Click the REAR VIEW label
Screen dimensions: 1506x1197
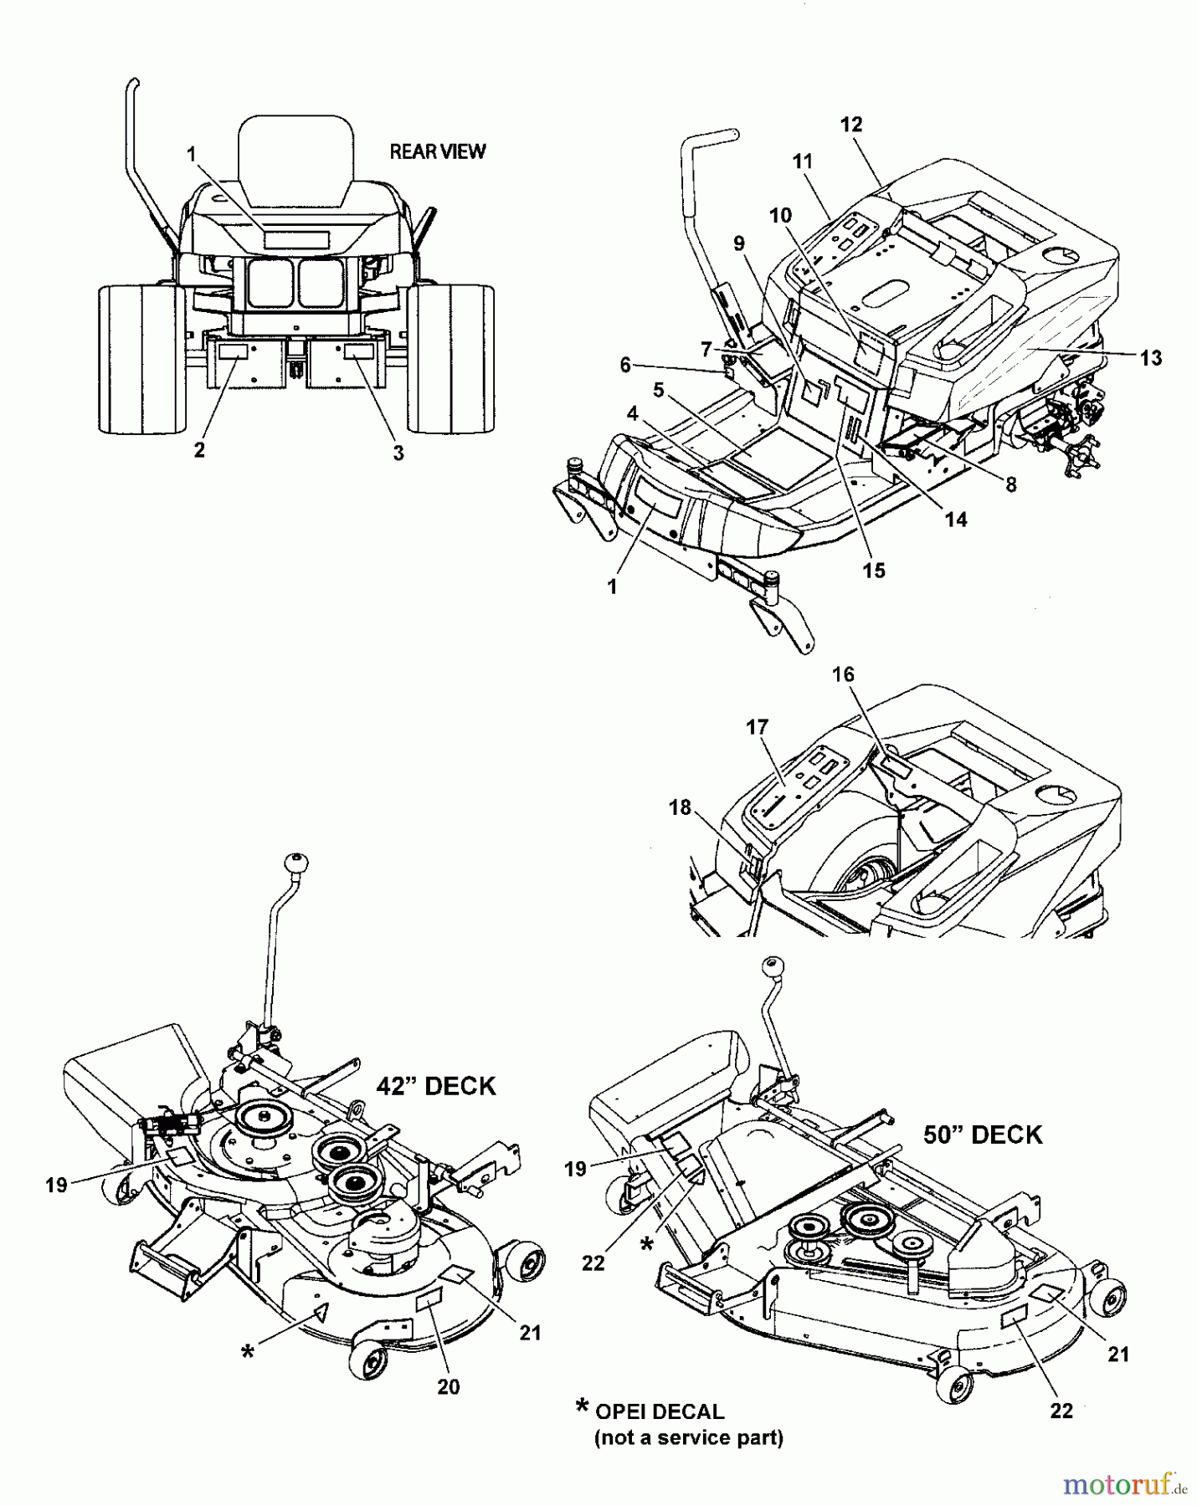click(x=437, y=151)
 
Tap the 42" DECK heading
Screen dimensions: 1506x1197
click(x=435, y=1086)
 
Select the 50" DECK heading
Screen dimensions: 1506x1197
click(x=982, y=1135)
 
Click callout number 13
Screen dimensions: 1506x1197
click(x=1151, y=358)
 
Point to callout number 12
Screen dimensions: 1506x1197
click(x=850, y=125)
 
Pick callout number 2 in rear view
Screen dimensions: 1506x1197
click(x=199, y=449)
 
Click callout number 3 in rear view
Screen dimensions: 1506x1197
click(x=398, y=453)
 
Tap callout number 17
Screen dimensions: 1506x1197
click(x=757, y=727)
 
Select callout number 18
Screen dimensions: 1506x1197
click(x=680, y=807)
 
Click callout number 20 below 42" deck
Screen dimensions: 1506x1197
click(x=449, y=1386)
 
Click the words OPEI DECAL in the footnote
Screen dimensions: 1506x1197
click(x=660, y=1412)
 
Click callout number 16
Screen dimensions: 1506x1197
click(x=843, y=674)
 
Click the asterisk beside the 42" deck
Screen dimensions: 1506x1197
click(x=248, y=1351)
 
